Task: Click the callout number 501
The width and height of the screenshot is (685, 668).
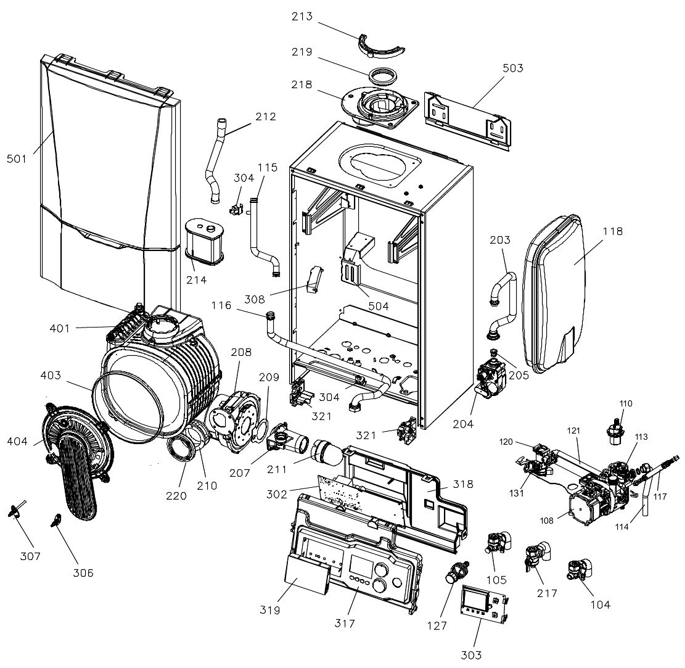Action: (x=17, y=159)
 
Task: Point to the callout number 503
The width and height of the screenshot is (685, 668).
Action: (x=513, y=68)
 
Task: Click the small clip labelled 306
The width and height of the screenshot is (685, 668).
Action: (x=55, y=521)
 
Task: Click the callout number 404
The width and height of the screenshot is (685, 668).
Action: (x=17, y=442)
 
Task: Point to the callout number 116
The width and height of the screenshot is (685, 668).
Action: (x=221, y=305)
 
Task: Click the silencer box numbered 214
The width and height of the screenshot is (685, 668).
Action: (x=205, y=242)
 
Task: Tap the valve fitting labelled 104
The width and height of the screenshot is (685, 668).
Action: (x=580, y=569)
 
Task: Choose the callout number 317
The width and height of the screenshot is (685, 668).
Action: (x=345, y=624)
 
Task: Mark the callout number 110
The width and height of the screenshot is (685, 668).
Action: (x=626, y=403)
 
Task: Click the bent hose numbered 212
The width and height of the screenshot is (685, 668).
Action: (x=216, y=161)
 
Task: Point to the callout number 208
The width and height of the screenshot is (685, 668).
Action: (x=241, y=352)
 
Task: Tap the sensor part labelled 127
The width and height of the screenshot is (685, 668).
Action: (x=457, y=572)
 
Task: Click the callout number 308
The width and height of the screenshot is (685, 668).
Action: (x=254, y=300)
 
